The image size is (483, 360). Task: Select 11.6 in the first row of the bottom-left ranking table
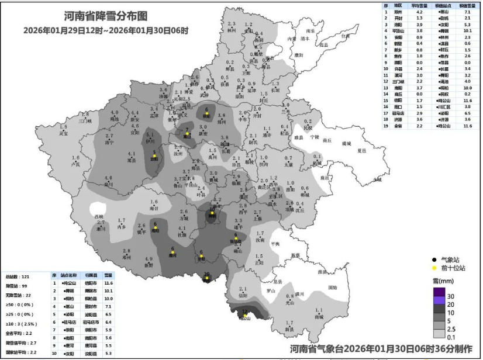point(109,283)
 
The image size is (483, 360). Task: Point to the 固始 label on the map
point(332,288)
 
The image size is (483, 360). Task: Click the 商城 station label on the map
point(319,317)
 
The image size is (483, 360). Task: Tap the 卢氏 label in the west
point(75,164)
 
